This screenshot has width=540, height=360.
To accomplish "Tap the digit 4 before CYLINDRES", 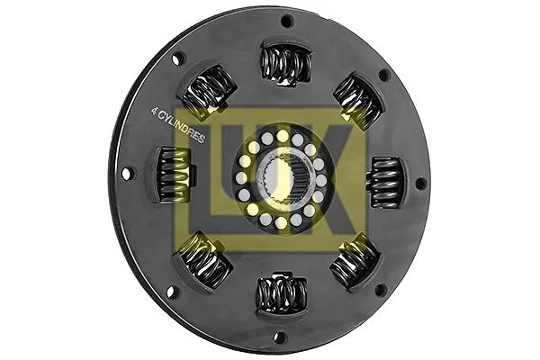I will pos(155,112).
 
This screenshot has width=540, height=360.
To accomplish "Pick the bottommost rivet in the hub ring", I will pos(281,221).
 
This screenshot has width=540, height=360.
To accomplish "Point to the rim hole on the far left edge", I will pos(126,171).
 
